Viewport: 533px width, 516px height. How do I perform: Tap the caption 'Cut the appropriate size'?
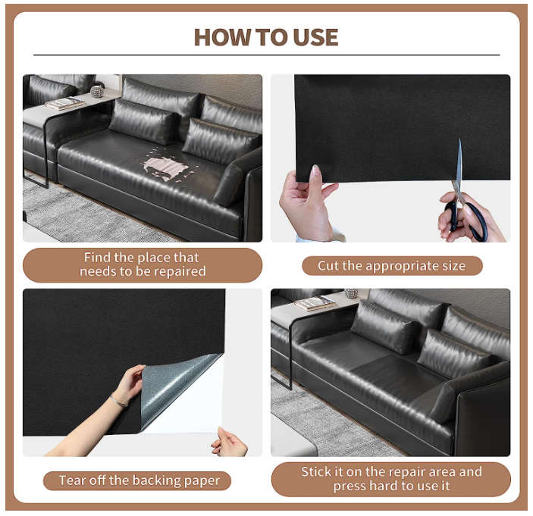click(392, 266)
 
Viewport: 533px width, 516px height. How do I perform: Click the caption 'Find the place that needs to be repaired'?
click(143, 264)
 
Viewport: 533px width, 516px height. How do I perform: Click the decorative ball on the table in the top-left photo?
click(97, 92)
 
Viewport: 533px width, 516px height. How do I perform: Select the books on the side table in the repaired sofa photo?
click(315, 303)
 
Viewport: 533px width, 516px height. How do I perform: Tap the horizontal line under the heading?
click(265, 55)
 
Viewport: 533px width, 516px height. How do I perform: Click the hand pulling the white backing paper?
click(227, 441)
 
